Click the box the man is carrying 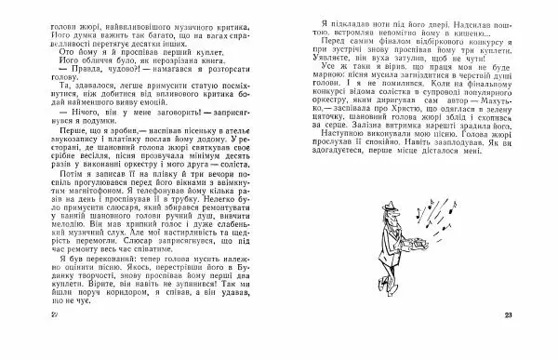411,270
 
